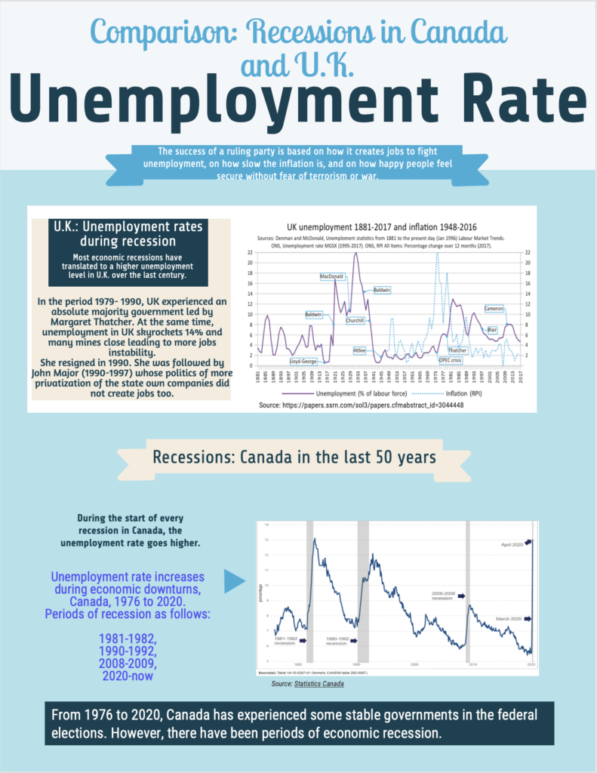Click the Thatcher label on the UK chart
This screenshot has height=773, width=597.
[457, 350]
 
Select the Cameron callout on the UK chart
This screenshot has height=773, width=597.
[494, 309]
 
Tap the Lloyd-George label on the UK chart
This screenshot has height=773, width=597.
[304, 361]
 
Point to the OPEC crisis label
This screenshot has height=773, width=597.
[451, 361]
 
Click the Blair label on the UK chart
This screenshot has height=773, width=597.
[492, 330]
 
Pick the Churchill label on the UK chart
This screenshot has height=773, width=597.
[355, 320]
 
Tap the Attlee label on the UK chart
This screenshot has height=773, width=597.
[360, 350]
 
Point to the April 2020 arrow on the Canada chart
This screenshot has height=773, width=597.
[528, 541]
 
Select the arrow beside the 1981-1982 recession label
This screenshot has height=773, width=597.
[303, 641]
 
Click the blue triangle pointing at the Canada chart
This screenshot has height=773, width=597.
[236, 581]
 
